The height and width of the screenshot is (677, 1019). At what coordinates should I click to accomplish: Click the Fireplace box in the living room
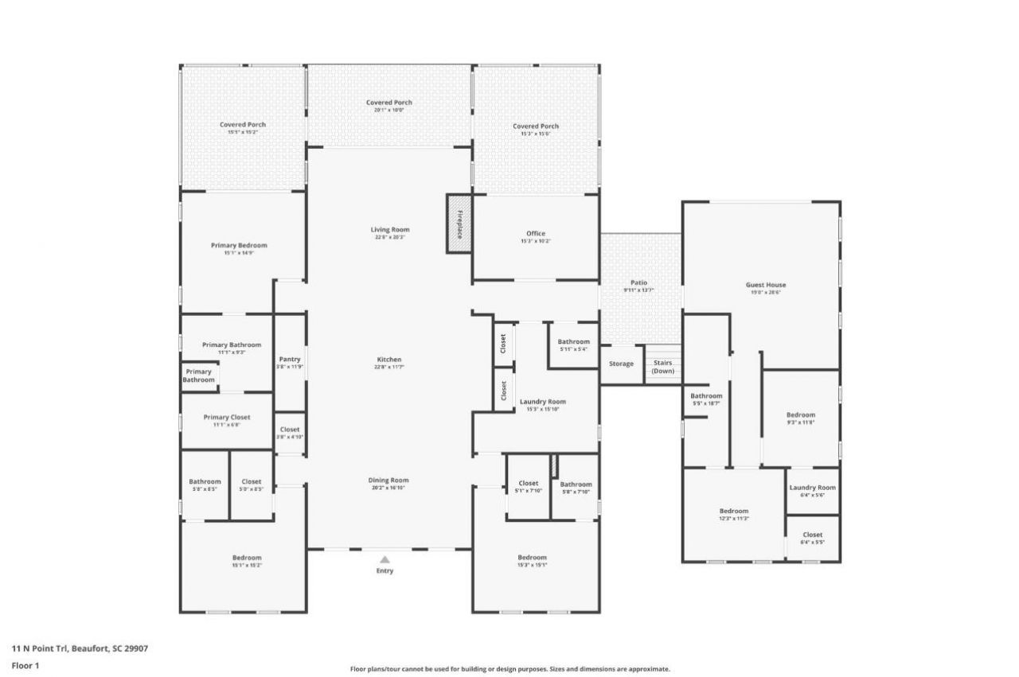click(x=459, y=224)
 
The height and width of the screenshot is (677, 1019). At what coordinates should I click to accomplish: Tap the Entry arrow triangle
click(x=385, y=559)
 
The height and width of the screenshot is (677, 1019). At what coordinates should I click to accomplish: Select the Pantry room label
click(x=290, y=360)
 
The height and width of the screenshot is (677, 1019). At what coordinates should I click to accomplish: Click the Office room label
click(x=536, y=234)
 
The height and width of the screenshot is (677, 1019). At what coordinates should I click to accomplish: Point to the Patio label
click(x=639, y=282)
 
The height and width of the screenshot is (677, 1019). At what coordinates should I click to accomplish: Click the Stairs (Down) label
click(x=663, y=367)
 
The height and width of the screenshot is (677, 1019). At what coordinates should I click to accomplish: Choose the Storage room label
click(x=622, y=364)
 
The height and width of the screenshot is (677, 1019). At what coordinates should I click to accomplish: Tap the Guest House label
click(x=766, y=285)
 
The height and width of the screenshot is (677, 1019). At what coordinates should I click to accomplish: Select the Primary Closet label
click(x=227, y=418)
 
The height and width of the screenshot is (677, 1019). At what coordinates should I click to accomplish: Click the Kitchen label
click(x=389, y=360)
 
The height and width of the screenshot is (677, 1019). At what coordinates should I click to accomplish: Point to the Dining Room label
click(x=388, y=481)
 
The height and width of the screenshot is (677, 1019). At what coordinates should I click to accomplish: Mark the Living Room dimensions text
click(x=390, y=237)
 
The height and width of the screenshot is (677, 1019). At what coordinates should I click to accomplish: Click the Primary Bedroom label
click(x=239, y=246)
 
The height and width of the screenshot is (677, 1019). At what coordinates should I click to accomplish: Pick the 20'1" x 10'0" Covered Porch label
click(x=389, y=103)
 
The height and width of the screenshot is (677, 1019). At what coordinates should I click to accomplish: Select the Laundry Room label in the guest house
click(x=813, y=488)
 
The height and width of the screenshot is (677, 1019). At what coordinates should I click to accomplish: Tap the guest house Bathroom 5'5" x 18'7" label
click(x=706, y=396)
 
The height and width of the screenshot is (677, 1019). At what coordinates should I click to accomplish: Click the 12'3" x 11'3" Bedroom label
click(x=734, y=512)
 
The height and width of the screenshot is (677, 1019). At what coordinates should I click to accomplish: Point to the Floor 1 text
click(x=25, y=665)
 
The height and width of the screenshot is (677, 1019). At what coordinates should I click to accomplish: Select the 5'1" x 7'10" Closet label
click(x=529, y=484)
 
